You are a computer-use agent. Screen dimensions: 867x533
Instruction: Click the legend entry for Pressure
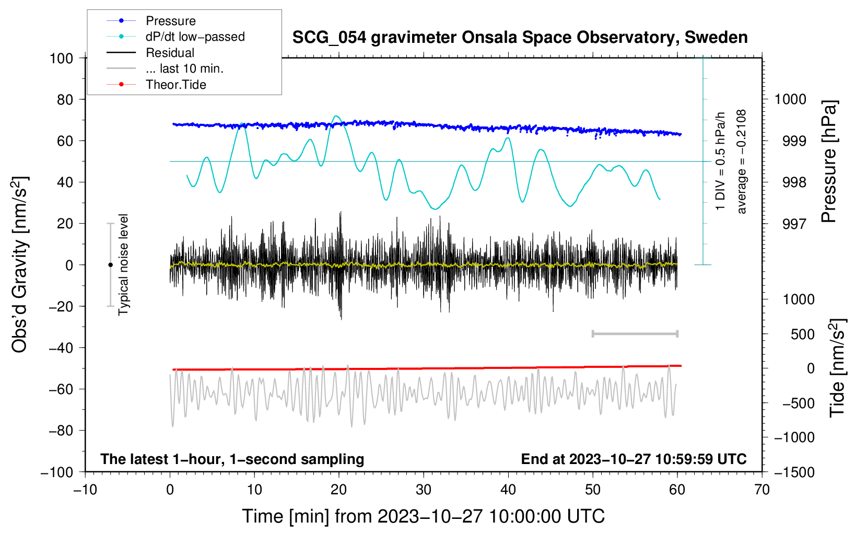(151, 20)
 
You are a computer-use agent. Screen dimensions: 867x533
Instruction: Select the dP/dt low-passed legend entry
(175, 37)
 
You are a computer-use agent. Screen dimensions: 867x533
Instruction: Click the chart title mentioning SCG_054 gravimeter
(520, 38)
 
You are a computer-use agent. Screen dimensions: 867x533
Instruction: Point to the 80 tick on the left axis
(65, 100)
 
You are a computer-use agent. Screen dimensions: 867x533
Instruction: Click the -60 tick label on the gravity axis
(61, 389)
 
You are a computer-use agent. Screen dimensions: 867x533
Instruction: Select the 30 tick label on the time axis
(424, 490)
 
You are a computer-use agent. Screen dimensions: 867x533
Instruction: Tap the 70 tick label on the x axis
(761, 490)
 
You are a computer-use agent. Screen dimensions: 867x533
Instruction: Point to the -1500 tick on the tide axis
(794, 472)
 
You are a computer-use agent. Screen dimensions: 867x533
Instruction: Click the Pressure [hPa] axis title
(829, 161)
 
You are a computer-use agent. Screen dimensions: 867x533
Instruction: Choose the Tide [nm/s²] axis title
(838, 368)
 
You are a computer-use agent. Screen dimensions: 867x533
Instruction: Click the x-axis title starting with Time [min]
(423, 516)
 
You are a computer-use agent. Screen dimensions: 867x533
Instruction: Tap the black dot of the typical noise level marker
(110, 265)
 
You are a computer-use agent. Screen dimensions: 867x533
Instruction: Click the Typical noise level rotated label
(123, 264)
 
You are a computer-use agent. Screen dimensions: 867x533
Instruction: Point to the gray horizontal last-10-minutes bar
(635, 334)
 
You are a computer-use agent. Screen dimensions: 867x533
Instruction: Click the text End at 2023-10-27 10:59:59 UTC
(634, 459)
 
